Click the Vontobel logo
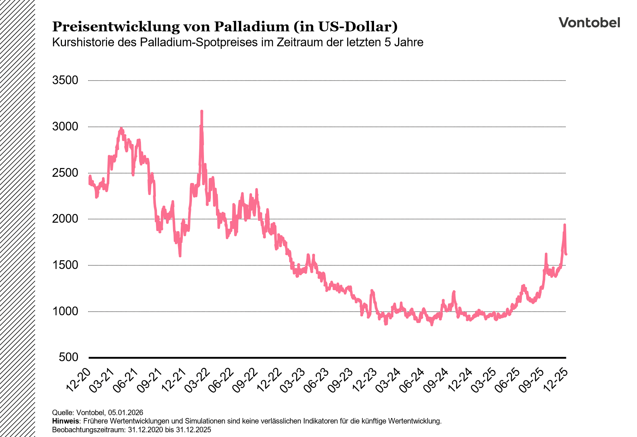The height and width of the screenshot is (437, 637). click(x=589, y=23)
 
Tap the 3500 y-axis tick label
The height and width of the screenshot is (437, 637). click(x=66, y=80)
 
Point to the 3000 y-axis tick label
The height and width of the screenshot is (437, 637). click(x=66, y=126)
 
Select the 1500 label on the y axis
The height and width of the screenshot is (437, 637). click(x=66, y=265)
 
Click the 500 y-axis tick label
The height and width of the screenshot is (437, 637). click(x=69, y=357)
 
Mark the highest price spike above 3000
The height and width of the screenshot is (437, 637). click(x=201, y=112)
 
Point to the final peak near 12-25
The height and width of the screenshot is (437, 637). click(x=565, y=225)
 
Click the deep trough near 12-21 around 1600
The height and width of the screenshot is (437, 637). click(x=180, y=255)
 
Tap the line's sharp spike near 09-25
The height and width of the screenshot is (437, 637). click(x=546, y=254)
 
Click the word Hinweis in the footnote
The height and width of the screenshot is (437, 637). click(x=65, y=421)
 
